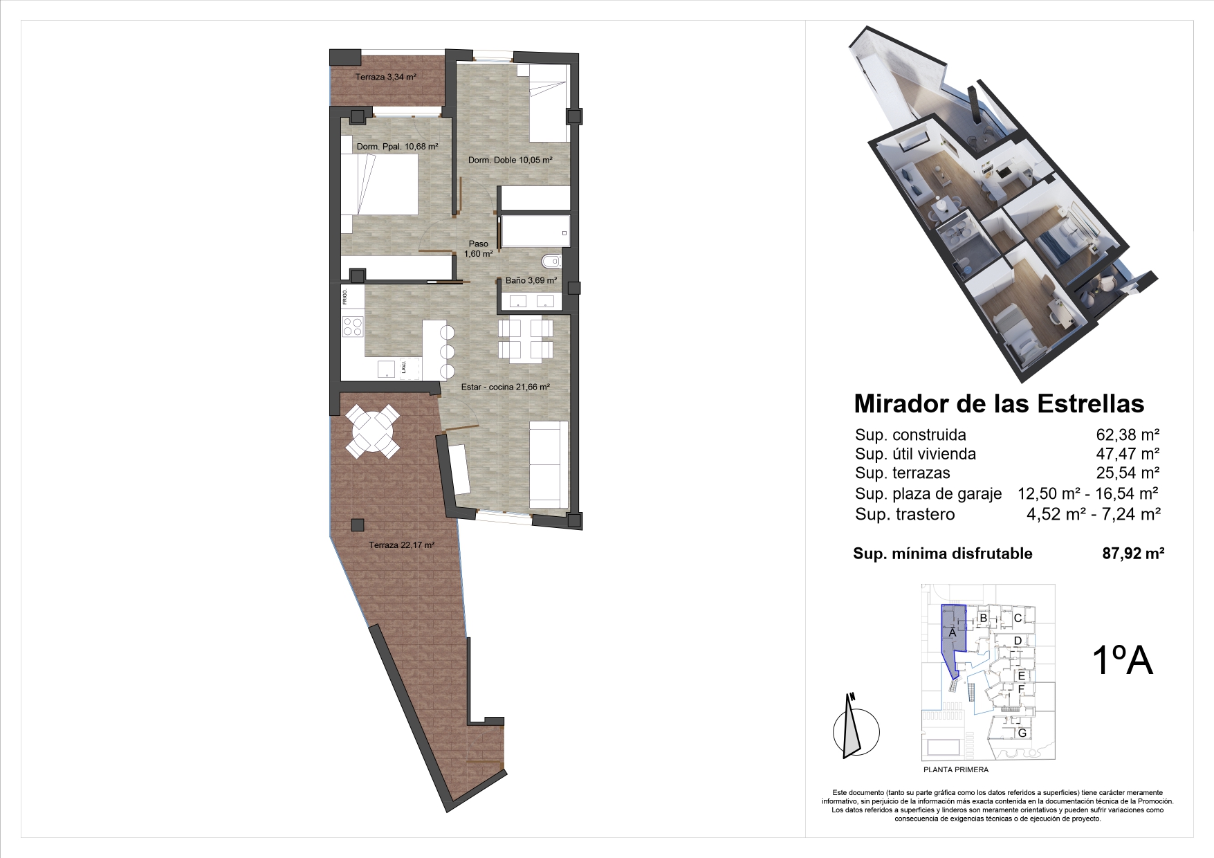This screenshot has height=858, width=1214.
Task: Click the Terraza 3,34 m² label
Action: click(x=385, y=77)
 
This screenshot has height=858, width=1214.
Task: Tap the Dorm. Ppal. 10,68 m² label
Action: click(x=397, y=147)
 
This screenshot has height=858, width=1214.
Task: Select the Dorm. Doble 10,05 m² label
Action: click(x=510, y=160)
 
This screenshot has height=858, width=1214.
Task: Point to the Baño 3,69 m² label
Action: click(x=531, y=280)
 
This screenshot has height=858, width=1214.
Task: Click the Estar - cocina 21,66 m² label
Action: click(x=505, y=387)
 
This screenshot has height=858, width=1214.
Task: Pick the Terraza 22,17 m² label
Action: click(x=401, y=545)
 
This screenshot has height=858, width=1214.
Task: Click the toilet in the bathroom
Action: click(x=551, y=262)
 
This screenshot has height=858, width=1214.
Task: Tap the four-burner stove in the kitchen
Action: click(x=352, y=326)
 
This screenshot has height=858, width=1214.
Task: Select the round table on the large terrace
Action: click(x=373, y=432)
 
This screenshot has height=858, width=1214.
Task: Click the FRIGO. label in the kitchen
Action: click(x=344, y=298)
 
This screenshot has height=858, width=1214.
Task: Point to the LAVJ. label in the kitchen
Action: click(x=404, y=367)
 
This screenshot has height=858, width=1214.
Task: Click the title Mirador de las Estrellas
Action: click(x=999, y=403)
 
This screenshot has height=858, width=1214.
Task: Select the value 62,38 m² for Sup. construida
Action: click(x=1128, y=435)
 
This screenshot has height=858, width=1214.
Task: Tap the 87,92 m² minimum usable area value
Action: click(x=1133, y=554)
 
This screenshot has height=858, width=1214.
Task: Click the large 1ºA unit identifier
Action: click(x=1122, y=659)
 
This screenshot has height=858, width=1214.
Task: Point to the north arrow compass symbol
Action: click(x=855, y=727)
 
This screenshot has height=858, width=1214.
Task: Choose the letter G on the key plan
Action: click(x=1021, y=733)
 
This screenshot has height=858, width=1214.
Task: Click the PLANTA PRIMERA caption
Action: click(x=956, y=769)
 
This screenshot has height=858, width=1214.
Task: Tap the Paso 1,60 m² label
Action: click(x=478, y=248)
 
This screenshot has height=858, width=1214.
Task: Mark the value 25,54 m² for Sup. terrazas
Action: click(x=1128, y=473)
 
